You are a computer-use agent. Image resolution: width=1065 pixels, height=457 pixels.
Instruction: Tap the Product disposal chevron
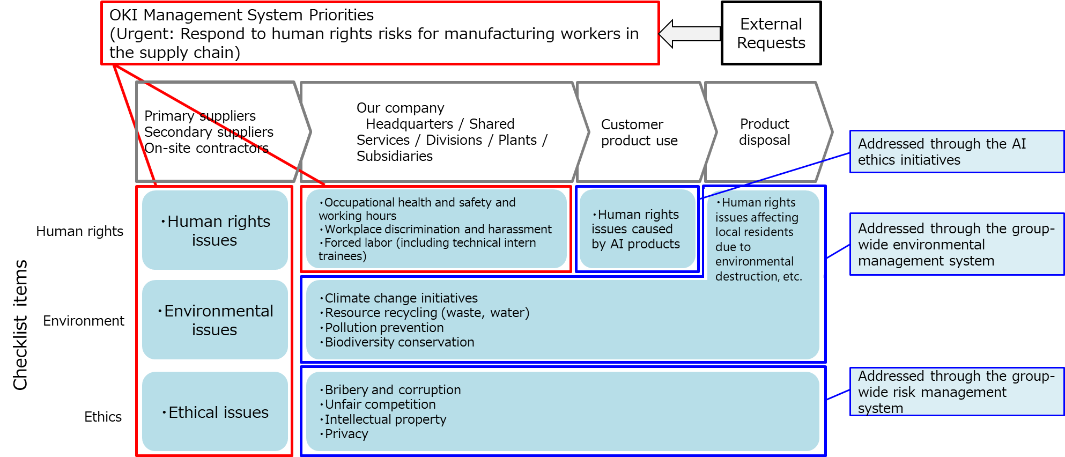click(765, 132)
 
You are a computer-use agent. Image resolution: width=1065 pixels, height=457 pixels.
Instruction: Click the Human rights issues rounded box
click(215, 230)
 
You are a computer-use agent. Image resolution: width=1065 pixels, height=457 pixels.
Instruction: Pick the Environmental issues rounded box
click(215, 320)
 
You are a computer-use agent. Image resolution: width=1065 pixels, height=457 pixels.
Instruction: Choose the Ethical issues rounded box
click(215, 411)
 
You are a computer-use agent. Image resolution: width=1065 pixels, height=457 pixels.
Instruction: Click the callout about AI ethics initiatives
click(956, 152)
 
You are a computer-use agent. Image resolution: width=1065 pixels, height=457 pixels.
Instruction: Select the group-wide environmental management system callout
click(956, 245)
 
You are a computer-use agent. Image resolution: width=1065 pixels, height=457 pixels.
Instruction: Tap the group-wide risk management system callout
click(956, 392)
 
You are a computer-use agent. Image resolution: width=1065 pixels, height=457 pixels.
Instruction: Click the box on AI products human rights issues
click(637, 229)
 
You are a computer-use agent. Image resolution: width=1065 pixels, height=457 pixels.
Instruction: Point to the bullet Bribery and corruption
click(393, 390)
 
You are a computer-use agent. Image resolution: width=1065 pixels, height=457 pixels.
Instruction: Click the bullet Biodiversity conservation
click(399, 342)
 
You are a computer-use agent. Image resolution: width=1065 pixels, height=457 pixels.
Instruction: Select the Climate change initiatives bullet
click(401, 298)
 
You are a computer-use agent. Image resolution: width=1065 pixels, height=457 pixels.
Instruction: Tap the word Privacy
click(346, 434)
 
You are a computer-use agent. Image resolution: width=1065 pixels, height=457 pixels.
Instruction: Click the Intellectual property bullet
click(385, 419)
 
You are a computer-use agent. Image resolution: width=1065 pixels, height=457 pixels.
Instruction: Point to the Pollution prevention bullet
click(384, 328)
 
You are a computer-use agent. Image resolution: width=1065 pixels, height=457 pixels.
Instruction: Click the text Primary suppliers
click(200, 116)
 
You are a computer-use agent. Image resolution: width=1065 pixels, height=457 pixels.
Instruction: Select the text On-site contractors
click(206, 148)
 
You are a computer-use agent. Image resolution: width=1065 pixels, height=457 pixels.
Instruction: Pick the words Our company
click(400, 108)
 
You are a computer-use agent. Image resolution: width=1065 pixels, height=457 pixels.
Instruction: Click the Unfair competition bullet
click(380, 404)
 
